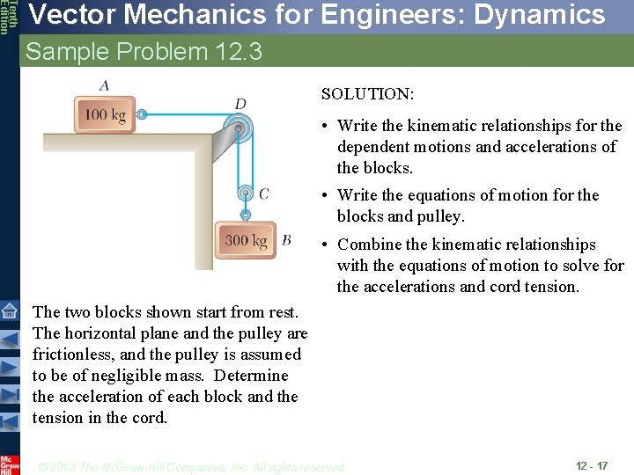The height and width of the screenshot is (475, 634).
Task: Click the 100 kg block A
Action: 105,115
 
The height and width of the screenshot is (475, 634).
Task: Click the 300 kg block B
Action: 246,240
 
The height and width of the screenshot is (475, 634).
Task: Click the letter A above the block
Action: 105,85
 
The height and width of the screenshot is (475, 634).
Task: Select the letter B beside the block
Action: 286,239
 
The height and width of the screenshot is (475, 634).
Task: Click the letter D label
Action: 240,104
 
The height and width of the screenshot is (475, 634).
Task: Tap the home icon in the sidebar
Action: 9,311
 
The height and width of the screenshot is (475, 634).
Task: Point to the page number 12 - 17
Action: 591,465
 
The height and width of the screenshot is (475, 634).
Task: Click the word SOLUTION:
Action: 367,93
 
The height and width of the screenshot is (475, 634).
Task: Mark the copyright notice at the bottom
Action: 193,467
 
